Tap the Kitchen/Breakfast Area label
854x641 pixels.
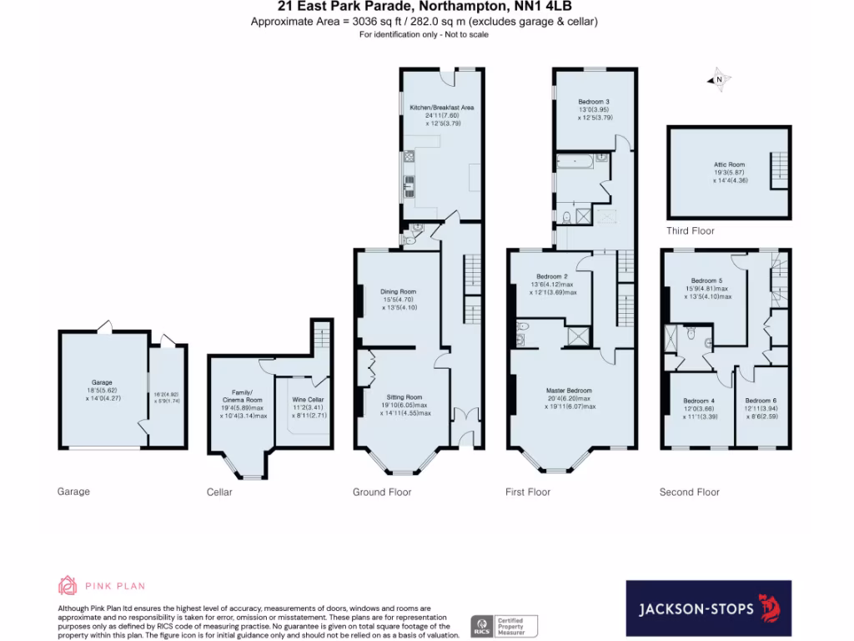(x=441, y=108)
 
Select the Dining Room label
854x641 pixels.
(x=399, y=291)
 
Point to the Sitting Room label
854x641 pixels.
(x=404, y=397)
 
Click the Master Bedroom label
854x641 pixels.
(x=569, y=391)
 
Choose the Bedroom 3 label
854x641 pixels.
(x=594, y=102)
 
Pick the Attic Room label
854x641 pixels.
(x=729, y=165)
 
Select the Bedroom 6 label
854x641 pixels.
(x=761, y=401)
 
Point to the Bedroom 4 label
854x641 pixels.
(x=698, y=401)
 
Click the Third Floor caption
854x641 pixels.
(x=690, y=231)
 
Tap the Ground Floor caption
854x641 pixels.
(x=382, y=492)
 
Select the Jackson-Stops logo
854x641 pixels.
(x=708, y=608)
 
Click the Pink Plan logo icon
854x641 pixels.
(x=68, y=586)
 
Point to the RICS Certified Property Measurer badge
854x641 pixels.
(x=505, y=626)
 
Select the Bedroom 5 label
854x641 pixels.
(x=706, y=280)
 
